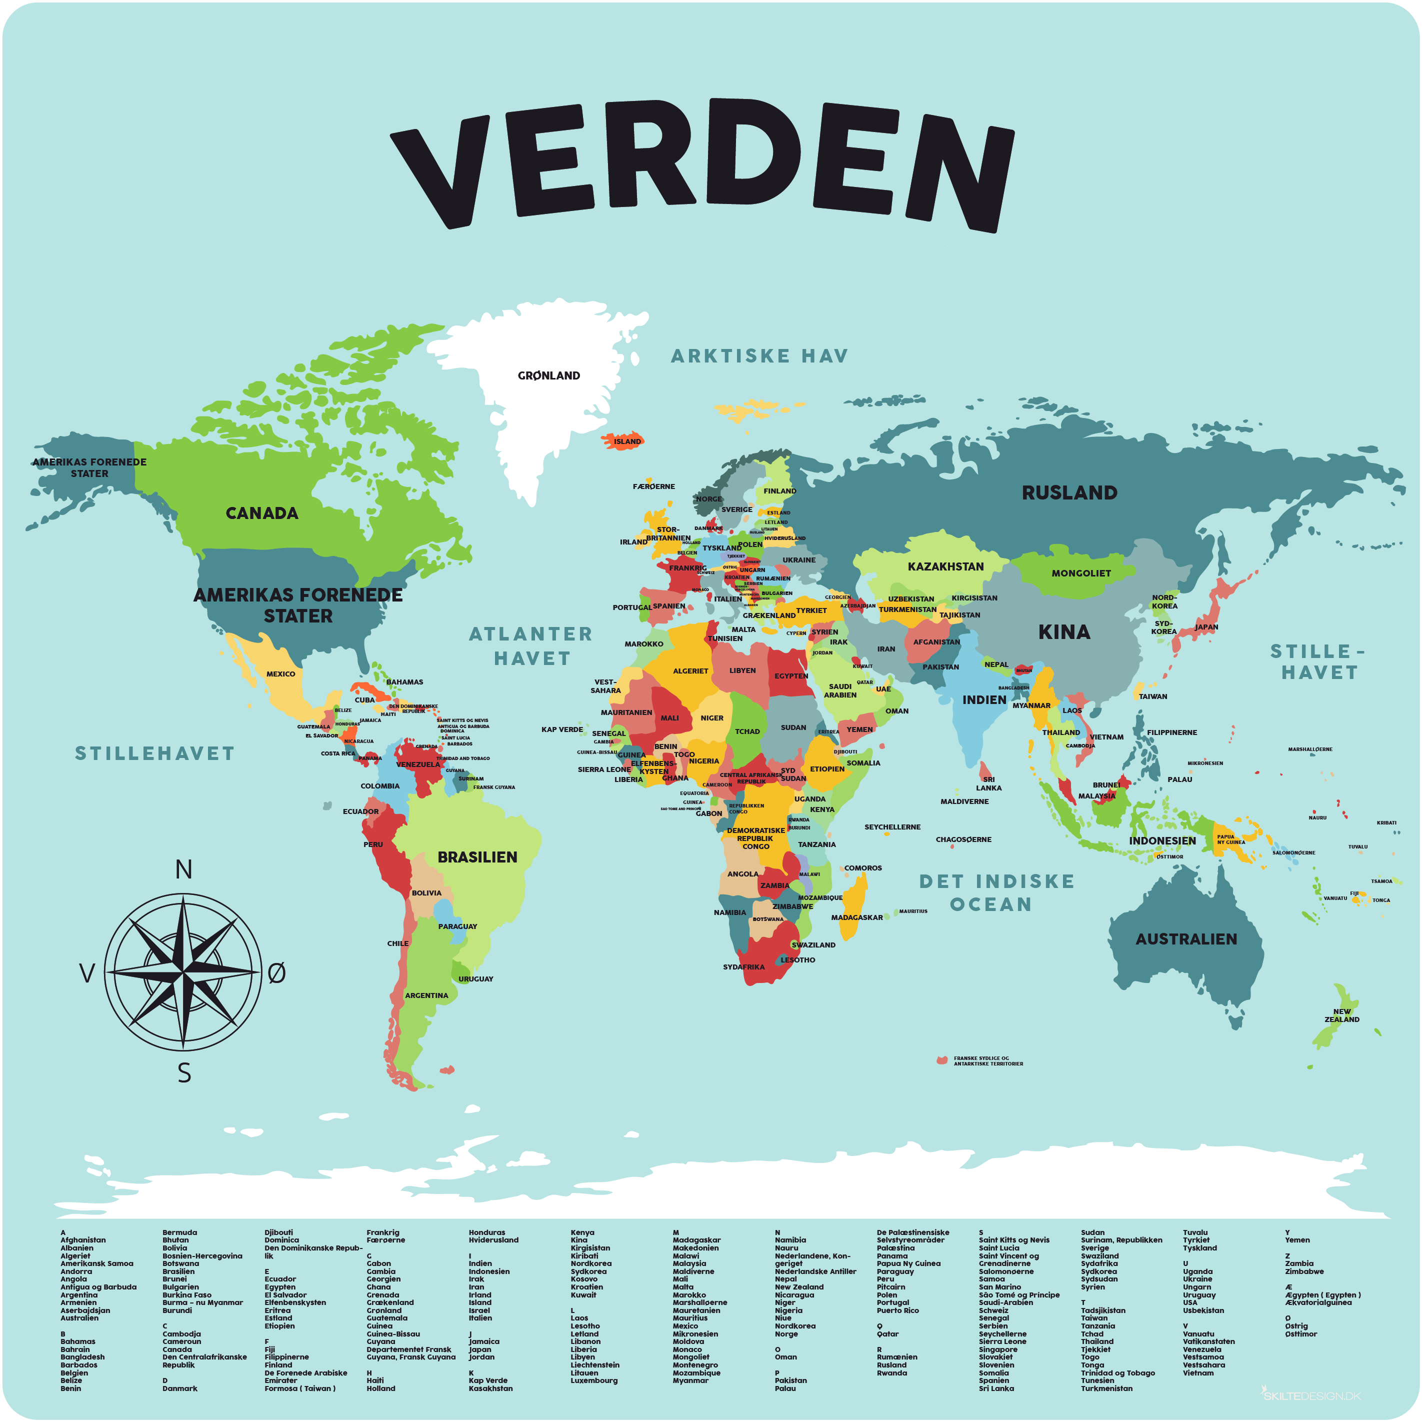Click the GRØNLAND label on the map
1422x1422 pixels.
pos(548,375)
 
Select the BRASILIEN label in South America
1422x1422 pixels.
pos(477,856)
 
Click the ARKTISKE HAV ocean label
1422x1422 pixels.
pos(759,356)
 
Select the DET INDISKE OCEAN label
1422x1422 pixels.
pos(996,892)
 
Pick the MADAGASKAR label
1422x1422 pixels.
pos(856,917)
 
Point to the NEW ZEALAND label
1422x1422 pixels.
pos(1342,1015)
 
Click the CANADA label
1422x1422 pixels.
pos(261,513)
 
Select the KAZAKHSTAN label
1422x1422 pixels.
pos(945,566)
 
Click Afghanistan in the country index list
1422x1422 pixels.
pos(83,1240)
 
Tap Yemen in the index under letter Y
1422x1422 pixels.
pos(1297,1240)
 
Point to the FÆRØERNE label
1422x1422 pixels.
pos(653,486)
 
